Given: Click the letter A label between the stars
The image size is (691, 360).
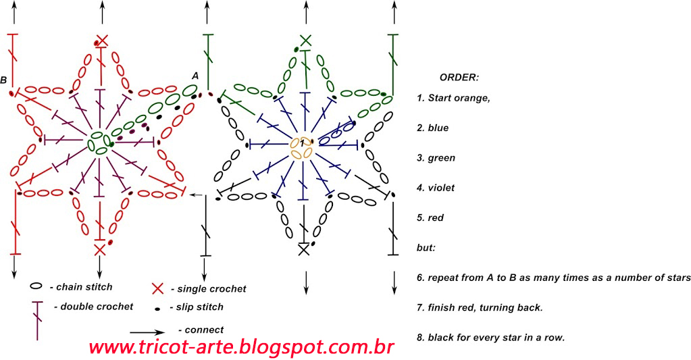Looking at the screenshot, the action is (195, 76).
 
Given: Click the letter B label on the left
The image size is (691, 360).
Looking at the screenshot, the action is (4, 80).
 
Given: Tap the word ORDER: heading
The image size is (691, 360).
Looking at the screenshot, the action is (459, 77).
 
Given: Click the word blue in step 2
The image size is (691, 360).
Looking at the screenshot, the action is (438, 128).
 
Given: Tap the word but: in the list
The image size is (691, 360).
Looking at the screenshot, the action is (426, 248).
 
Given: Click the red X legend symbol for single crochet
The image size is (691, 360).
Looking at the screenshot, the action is (157, 289).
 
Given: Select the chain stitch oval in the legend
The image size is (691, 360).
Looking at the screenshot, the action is (36, 286).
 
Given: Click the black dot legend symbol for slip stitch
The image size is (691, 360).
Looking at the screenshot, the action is (157, 309).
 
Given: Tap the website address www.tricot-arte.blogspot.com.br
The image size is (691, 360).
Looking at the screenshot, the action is (241, 347).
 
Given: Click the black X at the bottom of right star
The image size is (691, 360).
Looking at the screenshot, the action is (304, 249).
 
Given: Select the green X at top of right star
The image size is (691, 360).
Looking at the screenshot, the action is (305, 40).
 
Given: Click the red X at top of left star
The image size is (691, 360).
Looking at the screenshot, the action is (102, 40).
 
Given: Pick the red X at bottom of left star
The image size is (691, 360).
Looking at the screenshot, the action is (100, 250).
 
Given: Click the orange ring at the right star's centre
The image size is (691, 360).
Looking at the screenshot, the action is (301, 148).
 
